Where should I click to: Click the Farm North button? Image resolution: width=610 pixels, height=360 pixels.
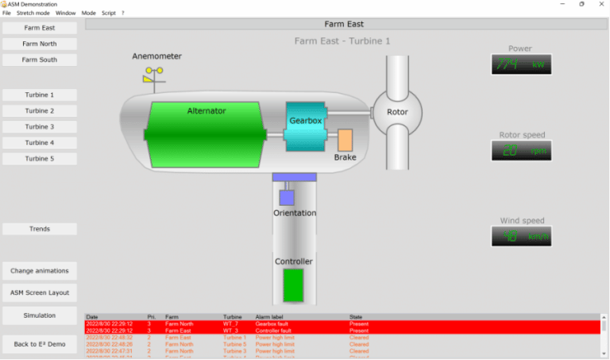40,44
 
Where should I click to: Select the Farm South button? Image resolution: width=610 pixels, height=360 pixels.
40,60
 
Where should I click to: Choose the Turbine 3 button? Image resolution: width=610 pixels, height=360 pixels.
40,126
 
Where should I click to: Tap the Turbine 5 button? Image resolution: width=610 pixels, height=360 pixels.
40,158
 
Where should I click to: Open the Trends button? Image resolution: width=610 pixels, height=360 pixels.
40,229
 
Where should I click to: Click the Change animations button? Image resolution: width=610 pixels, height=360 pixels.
40,271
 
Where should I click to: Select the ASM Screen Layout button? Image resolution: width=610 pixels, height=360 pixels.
40,292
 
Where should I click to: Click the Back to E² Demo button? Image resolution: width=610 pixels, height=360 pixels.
40,343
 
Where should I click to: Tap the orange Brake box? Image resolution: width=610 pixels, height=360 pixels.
345,140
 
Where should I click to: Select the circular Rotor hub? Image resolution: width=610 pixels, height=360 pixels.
396,112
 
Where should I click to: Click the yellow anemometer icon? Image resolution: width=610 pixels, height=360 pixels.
154,75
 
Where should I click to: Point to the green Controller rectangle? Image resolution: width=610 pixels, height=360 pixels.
293,285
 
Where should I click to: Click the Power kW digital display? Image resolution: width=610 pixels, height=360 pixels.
521,64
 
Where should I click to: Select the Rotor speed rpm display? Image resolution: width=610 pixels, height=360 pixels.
521,150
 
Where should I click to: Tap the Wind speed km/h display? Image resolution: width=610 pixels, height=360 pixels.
521,236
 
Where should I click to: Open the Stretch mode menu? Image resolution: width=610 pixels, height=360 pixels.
33,14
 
